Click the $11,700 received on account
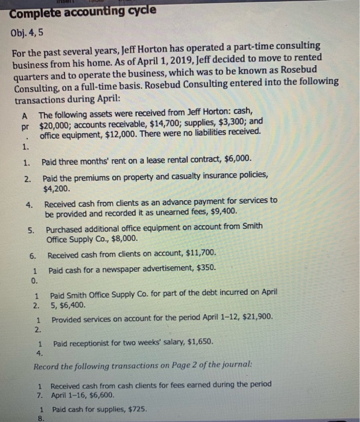coord(198,253)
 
